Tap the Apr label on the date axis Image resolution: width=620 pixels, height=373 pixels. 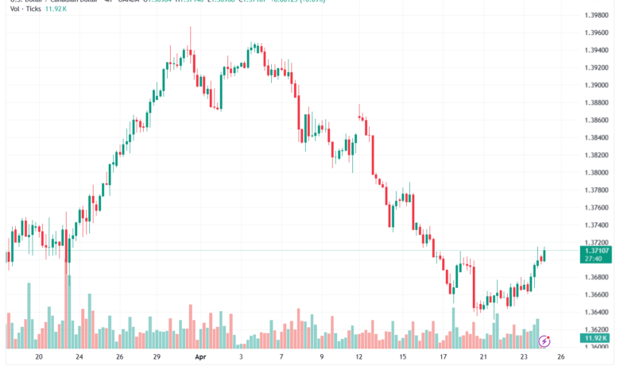201,357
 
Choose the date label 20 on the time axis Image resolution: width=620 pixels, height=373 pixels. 39,357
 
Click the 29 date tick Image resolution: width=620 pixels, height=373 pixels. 157,357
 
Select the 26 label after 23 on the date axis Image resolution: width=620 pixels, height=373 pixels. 561,357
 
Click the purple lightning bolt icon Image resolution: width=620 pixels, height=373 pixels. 544,342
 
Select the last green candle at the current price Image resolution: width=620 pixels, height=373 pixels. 544,255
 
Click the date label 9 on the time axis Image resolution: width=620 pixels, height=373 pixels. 321,357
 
